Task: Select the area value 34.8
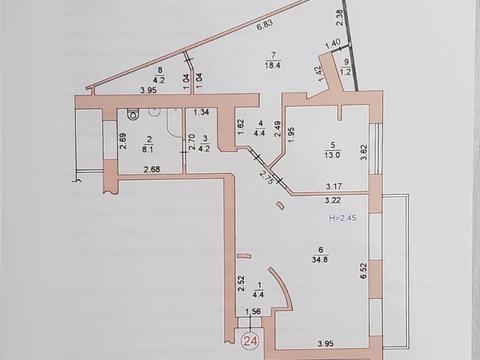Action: (x=322, y=260)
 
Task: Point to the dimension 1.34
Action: (x=202, y=113)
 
